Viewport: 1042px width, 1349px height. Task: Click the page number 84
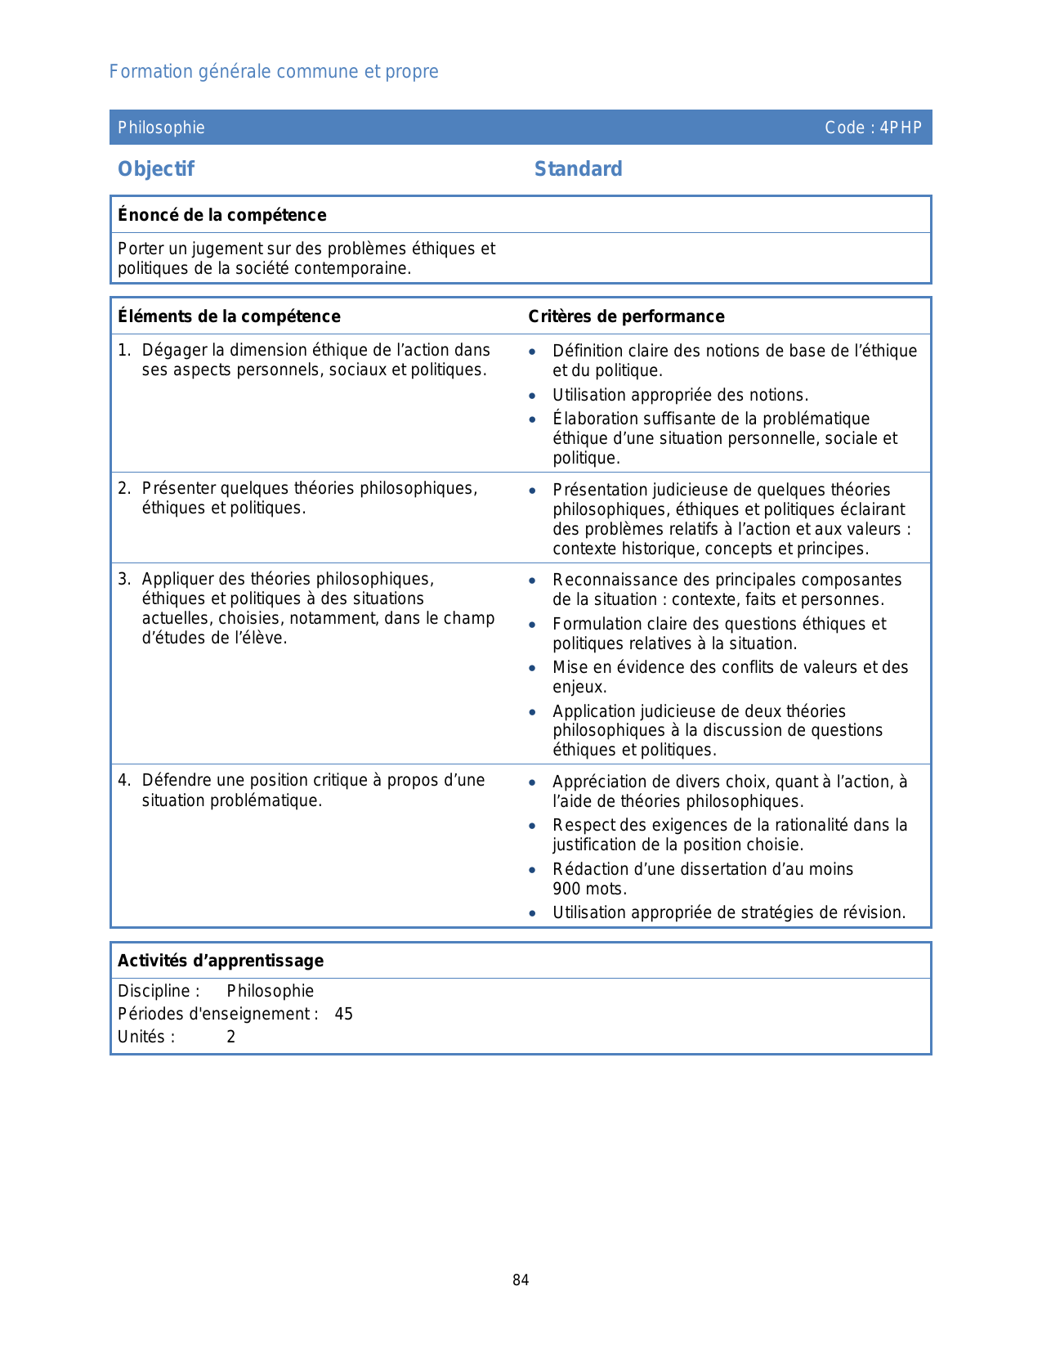click(521, 1280)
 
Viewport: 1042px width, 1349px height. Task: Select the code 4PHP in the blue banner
click(901, 128)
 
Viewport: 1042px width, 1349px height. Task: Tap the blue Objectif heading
click(156, 169)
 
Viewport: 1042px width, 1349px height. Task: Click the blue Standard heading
click(578, 169)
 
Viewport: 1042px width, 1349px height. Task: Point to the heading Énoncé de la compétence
click(221, 215)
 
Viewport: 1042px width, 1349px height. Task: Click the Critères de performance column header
click(626, 316)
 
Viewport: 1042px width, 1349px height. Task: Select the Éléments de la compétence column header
click(229, 316)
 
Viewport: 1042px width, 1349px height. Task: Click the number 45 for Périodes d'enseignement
click(344, 1014)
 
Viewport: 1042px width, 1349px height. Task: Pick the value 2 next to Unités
click(231, 1037)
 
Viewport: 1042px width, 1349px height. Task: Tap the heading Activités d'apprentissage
click(221, 961)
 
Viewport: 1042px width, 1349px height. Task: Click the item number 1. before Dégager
click(123, 350)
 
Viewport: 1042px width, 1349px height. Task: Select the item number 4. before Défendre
click(123, 780)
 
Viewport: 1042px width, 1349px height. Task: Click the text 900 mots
click(589, 889)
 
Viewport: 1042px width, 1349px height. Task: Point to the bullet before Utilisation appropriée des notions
click(533, 396)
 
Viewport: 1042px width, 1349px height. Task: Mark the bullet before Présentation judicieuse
click(533, 491)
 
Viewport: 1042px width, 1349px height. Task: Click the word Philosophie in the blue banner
click(161, 128)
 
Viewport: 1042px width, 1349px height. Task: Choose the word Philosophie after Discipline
click(271, 991)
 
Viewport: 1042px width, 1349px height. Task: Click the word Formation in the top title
click(140, 72)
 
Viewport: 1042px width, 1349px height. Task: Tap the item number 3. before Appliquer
click(123, 579)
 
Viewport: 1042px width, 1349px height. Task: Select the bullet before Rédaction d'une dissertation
click(533, 870)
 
